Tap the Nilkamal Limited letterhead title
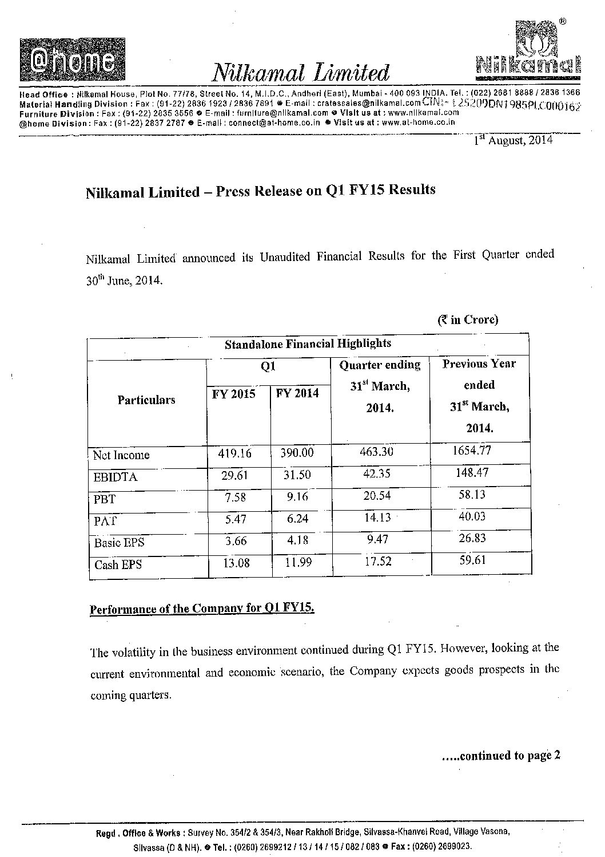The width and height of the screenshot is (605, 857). [x=301, y=73]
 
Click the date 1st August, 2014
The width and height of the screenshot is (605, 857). [x=514, y=140]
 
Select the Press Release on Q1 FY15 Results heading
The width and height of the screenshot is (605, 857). [x=260, y=191]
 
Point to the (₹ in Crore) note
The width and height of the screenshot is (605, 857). [x=468, y=319]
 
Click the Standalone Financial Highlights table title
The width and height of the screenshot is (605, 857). [x=308, y=344]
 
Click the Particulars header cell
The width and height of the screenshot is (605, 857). [x=146, y=400]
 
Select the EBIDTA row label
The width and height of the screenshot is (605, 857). [x=116, y=477]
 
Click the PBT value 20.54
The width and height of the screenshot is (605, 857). [x=377, y=496]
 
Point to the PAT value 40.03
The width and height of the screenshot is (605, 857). [x=472, y=516]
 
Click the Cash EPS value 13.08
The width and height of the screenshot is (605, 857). [x=234, y=562]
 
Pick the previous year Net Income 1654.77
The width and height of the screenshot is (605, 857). [x=472, y=450]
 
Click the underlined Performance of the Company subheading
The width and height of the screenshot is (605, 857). [x=202, y=607]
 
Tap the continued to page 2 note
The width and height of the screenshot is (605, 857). [x=501, y=756]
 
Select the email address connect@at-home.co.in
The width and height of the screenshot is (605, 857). [x=275, y=123]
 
